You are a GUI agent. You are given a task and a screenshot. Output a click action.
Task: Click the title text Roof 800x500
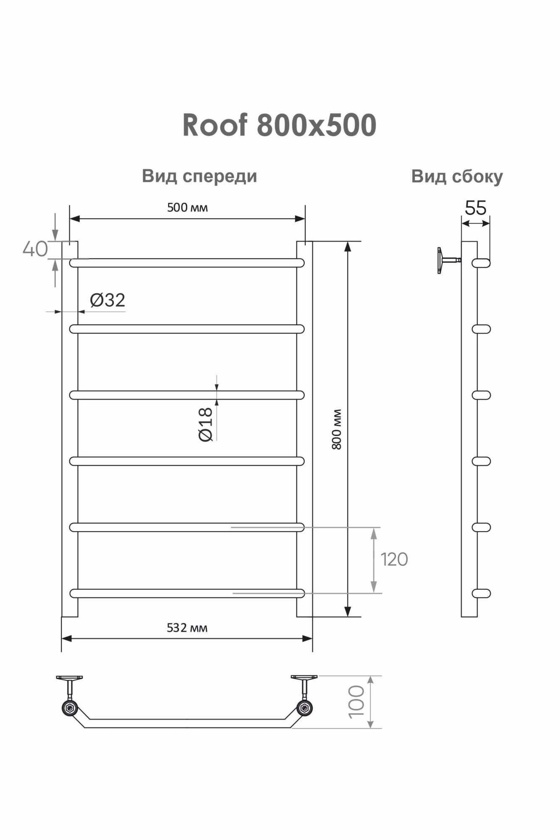279,126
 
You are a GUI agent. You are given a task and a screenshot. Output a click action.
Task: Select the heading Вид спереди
199,176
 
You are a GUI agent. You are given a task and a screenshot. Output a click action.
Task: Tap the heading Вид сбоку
457,176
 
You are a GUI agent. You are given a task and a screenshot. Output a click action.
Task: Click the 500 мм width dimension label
187,207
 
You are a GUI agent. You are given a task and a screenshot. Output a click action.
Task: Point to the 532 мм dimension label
187,627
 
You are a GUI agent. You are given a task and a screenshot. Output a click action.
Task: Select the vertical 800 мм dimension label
337,429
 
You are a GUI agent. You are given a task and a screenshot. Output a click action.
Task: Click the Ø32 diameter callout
107,300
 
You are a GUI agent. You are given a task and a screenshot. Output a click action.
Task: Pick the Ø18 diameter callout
206,424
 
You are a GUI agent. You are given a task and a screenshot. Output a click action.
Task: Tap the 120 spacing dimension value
394,559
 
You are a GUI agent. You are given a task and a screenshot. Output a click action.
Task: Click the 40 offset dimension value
35,249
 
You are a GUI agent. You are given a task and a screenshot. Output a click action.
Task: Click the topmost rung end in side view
481,263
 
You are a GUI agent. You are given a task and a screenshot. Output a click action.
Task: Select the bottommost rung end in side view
481,593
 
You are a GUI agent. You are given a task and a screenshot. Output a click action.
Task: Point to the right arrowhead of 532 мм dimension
308,639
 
